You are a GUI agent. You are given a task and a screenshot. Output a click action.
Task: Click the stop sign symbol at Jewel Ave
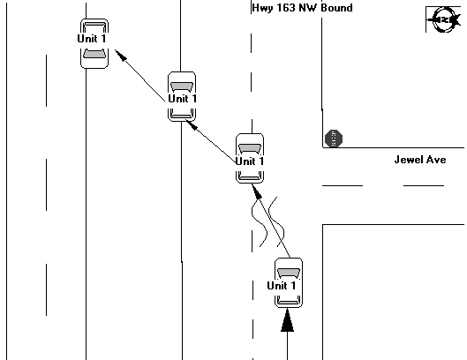click(x=334, y=139)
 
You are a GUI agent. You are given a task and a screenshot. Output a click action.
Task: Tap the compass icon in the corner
click(x=444, y=19)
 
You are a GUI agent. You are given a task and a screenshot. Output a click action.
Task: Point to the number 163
click(x=286, y=7)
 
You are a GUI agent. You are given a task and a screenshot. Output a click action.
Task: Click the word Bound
click(x=337, y=7)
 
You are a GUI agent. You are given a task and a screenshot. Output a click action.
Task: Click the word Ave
click(x=436, y=160)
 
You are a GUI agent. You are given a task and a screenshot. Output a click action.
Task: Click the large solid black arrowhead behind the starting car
click(x=288, y=320)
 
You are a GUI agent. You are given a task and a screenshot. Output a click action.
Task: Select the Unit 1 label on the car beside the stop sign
click(x=250, y=161)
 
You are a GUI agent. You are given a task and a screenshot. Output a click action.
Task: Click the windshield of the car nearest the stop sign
click(x=250, y=148)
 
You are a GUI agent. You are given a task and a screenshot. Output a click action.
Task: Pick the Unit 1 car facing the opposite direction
click(x=94, y=43)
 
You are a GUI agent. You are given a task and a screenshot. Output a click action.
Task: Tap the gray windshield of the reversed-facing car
click(x=94, y=54)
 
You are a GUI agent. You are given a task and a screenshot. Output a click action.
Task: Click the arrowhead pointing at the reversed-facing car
click(x=121, y=56)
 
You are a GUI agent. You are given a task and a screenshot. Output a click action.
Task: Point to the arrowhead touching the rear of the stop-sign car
click(x=257, y=191)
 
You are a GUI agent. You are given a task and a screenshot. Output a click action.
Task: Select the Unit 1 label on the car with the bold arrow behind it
click(x=282, y=286)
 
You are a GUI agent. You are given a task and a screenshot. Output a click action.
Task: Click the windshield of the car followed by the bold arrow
click(x=289, y=273)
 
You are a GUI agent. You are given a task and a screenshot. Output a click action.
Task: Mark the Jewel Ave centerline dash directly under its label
click(x=424, y=185)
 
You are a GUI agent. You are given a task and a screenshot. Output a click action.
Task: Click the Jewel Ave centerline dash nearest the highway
click(x=343, y=185)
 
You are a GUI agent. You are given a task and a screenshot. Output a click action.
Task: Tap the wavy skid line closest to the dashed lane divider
click(x=259, y=221)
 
